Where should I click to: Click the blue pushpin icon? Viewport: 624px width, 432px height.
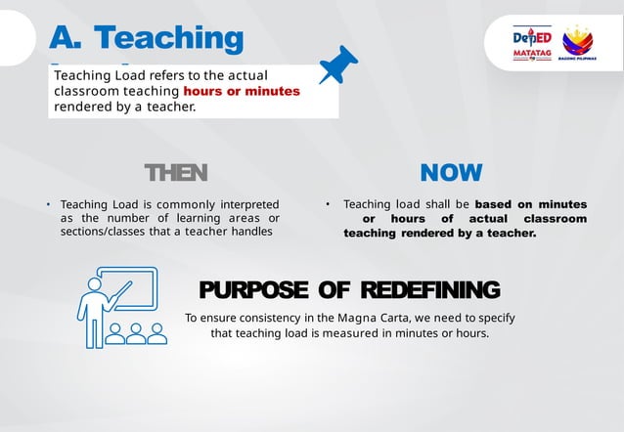(x=338, y=65)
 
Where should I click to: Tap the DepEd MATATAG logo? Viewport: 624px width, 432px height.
(x=531, y=43)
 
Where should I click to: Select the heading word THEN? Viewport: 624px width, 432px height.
(x=176, y=173)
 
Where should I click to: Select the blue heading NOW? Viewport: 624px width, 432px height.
(x=451, y=173)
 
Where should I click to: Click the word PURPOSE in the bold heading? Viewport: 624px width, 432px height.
(x=249, y=289)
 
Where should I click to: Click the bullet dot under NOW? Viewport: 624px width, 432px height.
(x=329, y=204)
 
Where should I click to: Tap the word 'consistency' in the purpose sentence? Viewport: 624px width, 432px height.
(x=259, y=319)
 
